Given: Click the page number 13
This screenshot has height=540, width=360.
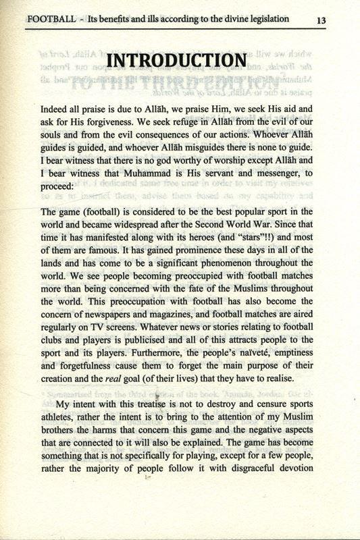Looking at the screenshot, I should point(321,20).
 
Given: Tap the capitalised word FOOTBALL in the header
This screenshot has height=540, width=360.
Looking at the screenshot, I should point(48,18).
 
